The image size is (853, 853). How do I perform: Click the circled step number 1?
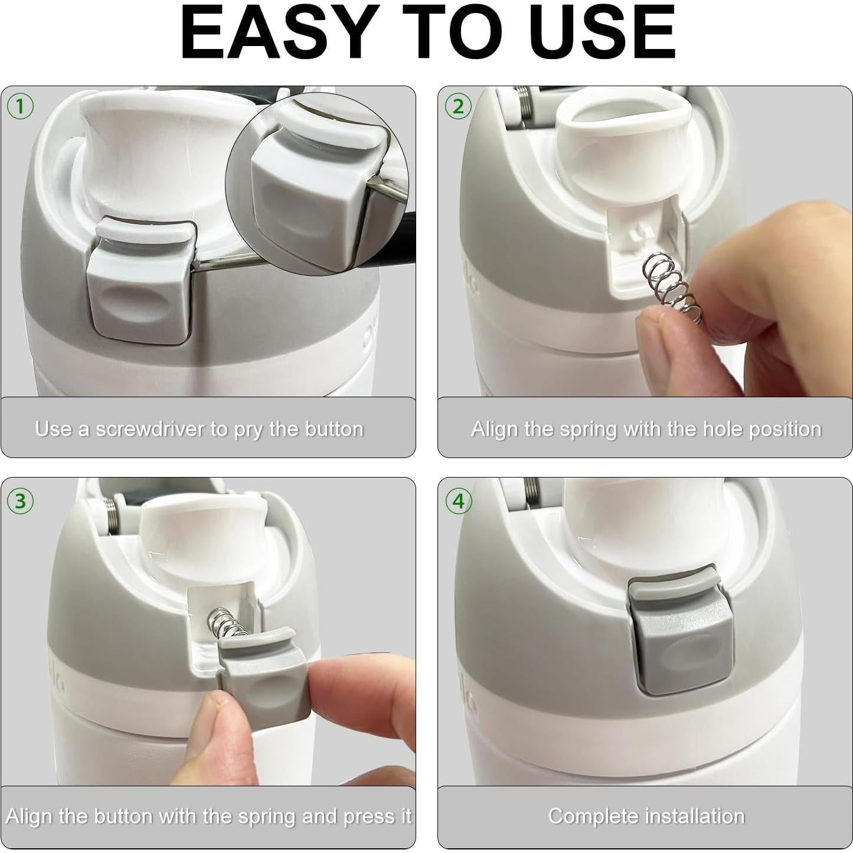click(x=20, y=106)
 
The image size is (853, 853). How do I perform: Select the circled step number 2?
click(x=458, y=106)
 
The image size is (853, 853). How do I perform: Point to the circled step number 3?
click(x=20, y=501)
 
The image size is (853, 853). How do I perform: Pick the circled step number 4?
click(x=458, y=501)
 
